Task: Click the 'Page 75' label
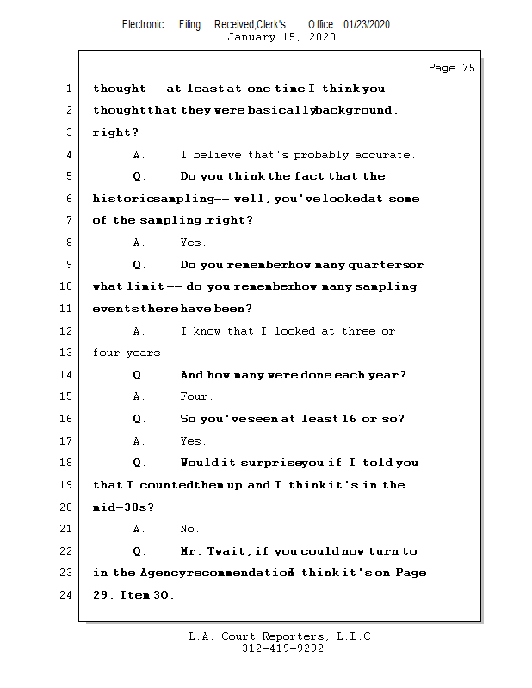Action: coord(450,68)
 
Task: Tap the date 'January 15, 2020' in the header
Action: coord(281,37)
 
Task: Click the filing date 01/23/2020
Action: coord(366,24)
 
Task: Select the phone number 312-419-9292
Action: coord(282,648)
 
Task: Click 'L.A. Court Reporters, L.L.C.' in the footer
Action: coord(281,636)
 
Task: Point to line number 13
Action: coord(68,353)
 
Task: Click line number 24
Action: coord(68,595)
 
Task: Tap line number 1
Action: coord(68,89)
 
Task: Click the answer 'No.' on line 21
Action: coord(189,529)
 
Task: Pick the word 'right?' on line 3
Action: coord(115,132)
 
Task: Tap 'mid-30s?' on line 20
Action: coord(123,507)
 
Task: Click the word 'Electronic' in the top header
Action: coord(143,24)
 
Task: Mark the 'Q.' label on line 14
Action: coord(140,375)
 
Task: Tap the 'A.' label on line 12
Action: coord(139,331)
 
